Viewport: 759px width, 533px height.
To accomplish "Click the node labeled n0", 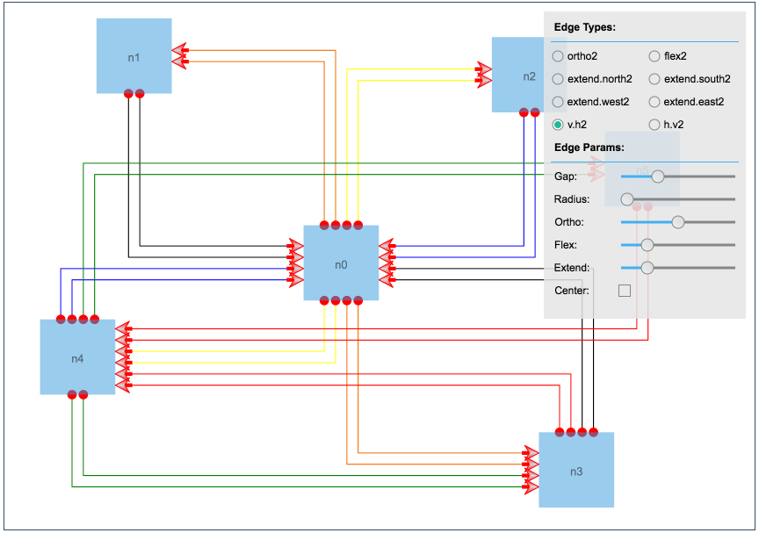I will [x=341, y=263].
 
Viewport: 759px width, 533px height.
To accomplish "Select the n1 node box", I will [x=134, y=56].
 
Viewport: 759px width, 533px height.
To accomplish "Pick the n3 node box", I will [x=576, y=471].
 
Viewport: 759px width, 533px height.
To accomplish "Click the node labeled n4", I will [x=77, y=357].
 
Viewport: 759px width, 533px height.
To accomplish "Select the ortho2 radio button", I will [x=558, y=56].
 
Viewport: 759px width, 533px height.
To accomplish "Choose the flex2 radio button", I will [x=654, y=56].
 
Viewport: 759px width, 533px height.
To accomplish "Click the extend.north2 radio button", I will [x=558, y=79].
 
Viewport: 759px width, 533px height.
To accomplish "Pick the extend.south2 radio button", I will [x=654, y=79].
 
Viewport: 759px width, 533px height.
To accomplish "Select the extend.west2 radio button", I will [x=558, y=102].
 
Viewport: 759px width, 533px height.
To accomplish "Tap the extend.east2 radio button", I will [x=654, y=102].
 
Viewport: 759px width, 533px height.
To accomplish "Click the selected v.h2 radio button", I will [x=558, y=125].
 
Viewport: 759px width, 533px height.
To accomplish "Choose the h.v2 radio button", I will [x=654, y=125].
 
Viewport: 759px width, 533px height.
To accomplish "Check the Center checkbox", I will [x=625, y=291].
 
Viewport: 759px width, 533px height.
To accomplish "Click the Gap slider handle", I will [x=658, y=176].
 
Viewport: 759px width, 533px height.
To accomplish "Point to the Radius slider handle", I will [x=627, y=199].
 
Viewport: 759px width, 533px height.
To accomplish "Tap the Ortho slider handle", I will [x=678, y=222].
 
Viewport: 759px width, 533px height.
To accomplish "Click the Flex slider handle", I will [x=647, y=245].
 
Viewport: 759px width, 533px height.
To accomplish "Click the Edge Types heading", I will [x=584, y=27].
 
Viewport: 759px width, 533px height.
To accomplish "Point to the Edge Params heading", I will [x=589, y=148].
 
